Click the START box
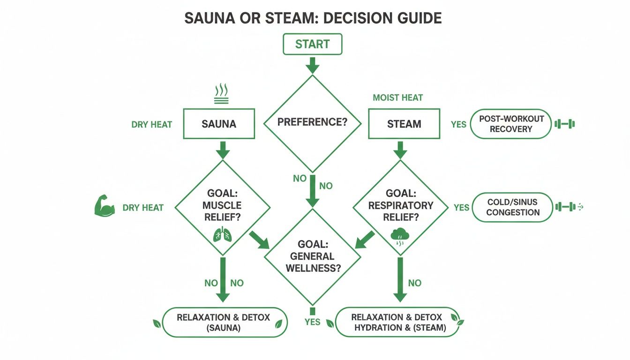pos(312,45)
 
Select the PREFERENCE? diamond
pos(312,123)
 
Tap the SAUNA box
pos(219,124)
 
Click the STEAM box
pos(404,124)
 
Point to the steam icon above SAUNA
pos(221,93)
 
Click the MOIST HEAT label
pos(398,98)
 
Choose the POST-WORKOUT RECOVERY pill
pos(511,124)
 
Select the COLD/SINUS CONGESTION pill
pos(513,207)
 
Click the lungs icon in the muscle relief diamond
pos(222,234)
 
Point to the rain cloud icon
pos(399,236)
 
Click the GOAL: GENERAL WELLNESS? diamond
pos(312,257)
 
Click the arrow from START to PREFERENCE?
pos(312,65)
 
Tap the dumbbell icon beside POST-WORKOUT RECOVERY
pos(564,124)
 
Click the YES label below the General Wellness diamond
pos(312,322)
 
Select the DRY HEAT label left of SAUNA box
pos(152,125)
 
